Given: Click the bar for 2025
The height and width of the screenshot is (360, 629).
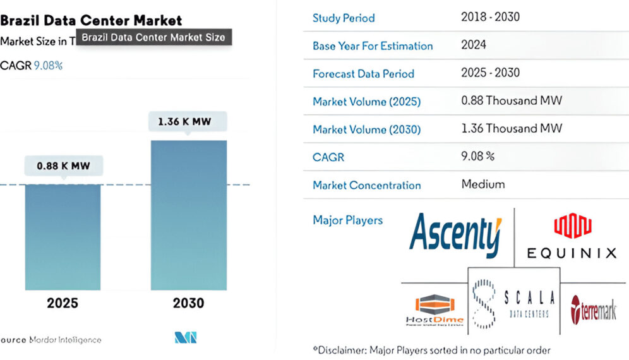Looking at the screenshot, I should (63, 237).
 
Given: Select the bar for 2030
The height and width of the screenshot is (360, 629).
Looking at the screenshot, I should (189, 215).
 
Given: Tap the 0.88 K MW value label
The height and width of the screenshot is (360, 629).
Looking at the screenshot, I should (63, 167).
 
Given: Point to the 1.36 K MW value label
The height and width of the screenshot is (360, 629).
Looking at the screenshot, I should (188, 121).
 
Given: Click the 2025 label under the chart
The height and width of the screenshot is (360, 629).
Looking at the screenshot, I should (63, 303).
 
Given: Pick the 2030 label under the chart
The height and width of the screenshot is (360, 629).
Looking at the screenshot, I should (188, 303).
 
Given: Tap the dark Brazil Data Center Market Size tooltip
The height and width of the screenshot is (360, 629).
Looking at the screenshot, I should (153, 37).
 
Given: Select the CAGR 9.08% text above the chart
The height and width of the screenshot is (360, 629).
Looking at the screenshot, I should (32, 65).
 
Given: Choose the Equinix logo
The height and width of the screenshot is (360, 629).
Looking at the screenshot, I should (572, 237).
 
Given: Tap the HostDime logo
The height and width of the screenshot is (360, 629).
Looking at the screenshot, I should (434, 309).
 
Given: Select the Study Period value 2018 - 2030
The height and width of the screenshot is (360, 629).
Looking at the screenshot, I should (490, 17).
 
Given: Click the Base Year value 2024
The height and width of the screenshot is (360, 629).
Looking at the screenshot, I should (474, 45).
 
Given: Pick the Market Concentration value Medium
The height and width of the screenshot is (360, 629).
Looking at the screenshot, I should (483, 184).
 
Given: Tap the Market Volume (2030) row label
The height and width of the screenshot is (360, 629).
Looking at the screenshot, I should (366, 129).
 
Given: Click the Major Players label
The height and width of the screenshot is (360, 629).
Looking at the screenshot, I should (347, 220).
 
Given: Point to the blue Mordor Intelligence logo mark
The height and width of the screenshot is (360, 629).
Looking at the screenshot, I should (186, 338).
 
